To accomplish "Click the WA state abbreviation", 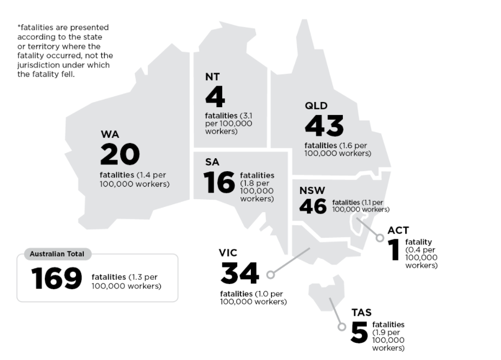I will point(110,135).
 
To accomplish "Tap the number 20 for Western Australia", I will point(120,154).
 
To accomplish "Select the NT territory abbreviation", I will point(212,77).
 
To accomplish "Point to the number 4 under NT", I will point(215,97).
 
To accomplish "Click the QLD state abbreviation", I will point(316,106).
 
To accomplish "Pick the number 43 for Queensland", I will point(324,126).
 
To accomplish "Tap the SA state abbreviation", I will point(212,162).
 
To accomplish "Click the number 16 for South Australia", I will point(219,183).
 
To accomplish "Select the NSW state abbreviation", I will point(312,190).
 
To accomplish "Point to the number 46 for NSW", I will point(313,207).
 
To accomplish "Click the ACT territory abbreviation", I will point(398,230).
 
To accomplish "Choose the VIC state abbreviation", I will point(228,253).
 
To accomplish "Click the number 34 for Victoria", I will point(239,274).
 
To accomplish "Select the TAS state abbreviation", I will point(361,313).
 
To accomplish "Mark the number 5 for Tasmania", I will point(359,333).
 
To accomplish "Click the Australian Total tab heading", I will point(57,254).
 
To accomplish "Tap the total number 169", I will point(56,278).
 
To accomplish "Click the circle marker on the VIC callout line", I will point(271,274).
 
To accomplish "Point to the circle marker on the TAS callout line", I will point(342,327).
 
